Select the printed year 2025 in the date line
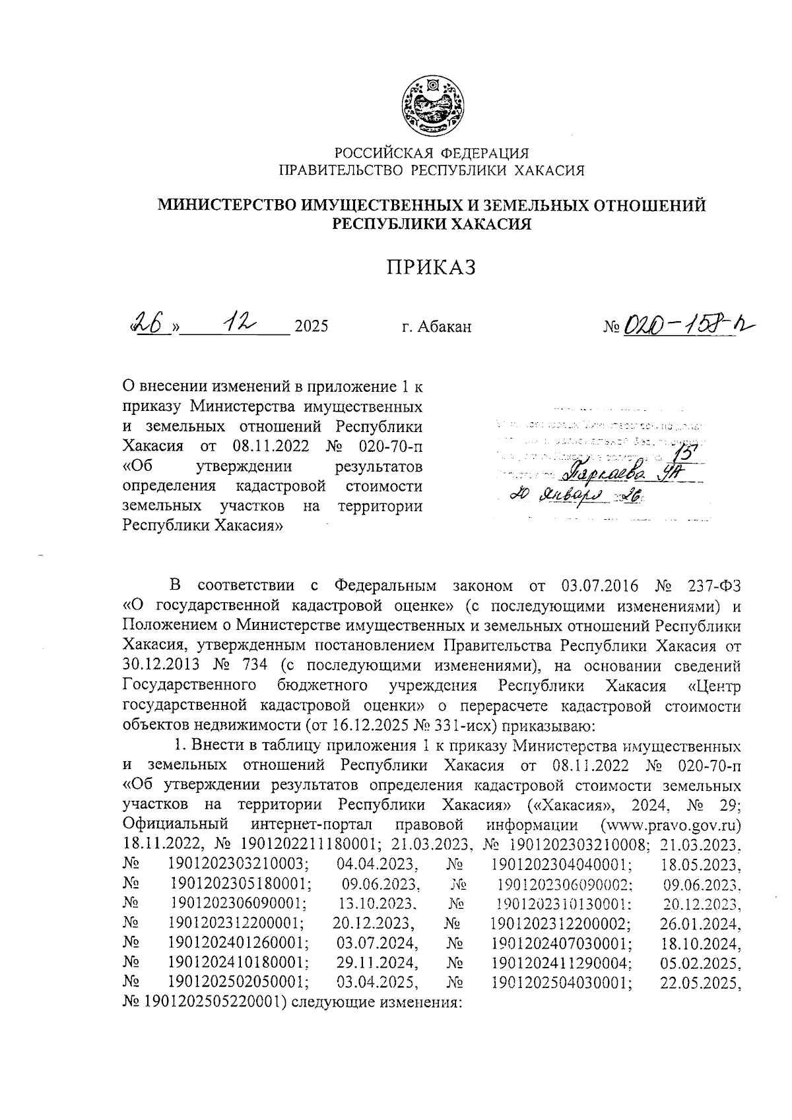tap(311, 326)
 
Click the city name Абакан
tap(446, 326)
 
